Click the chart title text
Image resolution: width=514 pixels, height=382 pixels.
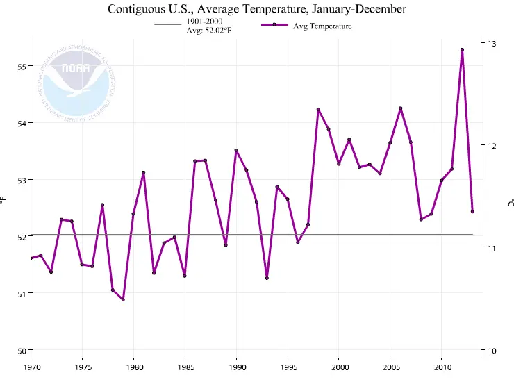point(257,9)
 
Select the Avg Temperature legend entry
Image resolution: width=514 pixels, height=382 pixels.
point(306,26)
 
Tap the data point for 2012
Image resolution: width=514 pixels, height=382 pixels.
point(462,49)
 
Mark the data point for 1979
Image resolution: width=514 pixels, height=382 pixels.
point(123,299)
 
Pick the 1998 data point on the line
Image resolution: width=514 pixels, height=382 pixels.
point(318,110)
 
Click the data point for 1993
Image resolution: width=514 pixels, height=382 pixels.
point(267,278)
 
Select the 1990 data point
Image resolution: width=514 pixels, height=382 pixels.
point(236,150)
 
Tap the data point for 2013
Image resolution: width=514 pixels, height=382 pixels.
point(472,211)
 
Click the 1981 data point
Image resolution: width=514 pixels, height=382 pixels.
point(144,172)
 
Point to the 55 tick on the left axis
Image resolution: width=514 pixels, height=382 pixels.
point(20,67)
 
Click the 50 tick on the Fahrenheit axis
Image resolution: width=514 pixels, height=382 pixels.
point(20,350)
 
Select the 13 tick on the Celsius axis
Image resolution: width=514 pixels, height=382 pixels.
point(492,44)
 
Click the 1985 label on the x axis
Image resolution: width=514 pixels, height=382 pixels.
point(185,367)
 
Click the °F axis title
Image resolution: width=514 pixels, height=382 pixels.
point(4,201)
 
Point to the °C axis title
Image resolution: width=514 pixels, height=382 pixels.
point(510,201)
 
